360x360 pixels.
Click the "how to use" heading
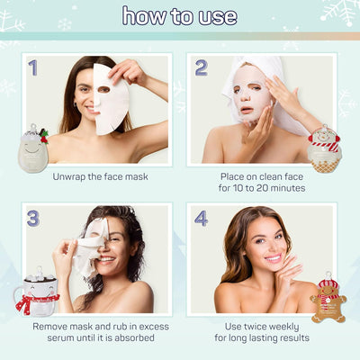coord(180,16)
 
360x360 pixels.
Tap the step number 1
coord(33,67)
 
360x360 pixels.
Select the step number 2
coord(201,67)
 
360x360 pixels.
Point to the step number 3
coord(33,218)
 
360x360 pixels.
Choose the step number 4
coord(201,218)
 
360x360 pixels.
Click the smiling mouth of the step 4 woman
coord(274,258)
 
